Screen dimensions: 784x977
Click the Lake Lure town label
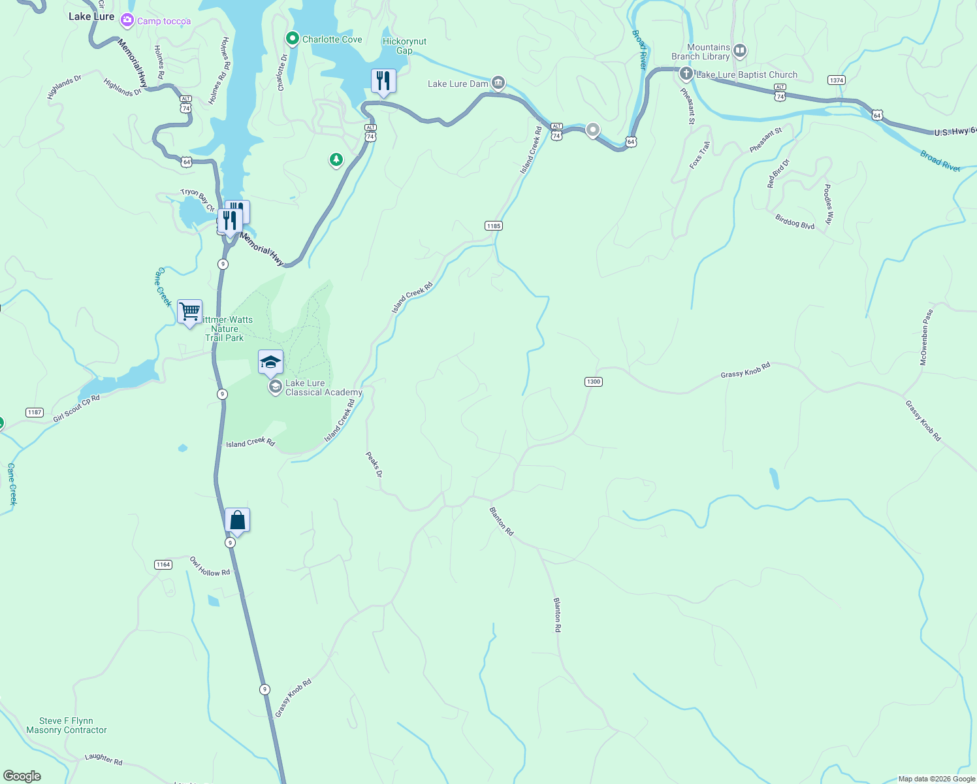[91, 16]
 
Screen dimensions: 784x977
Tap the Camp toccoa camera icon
[127, 21]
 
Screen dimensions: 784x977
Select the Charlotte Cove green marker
[292, 39]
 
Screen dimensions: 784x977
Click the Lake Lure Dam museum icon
[498, 82]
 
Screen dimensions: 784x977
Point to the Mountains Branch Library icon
[739, 50]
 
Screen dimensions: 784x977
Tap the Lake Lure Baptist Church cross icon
[686, 74]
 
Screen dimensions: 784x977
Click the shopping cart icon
[189, 311]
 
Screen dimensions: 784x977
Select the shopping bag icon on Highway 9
[237, 520]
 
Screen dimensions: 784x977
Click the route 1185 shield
[494, 226]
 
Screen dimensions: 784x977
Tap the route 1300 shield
[593, 382]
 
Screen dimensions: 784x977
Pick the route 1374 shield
[836, 80]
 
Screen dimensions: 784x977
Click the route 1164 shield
[163, 564]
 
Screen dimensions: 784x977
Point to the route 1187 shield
[35, 412]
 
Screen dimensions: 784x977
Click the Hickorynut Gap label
[404, 46]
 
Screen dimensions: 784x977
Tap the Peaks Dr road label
[374, 465]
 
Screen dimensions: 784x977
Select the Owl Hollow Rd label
[210, 566]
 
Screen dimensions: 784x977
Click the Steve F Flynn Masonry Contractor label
[67, 725]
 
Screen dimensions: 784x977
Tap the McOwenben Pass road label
[926, 337]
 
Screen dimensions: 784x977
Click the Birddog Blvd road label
[795, 221]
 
